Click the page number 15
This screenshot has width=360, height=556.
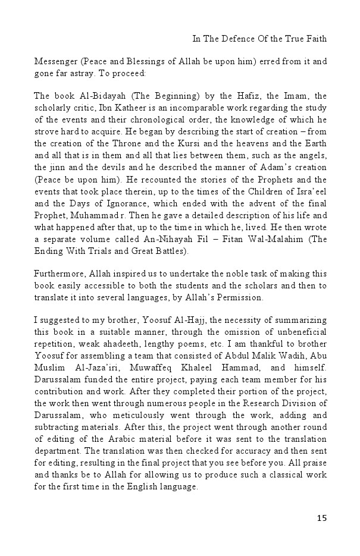(x=321, y=518)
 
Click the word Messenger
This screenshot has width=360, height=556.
(x=57, y=62)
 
